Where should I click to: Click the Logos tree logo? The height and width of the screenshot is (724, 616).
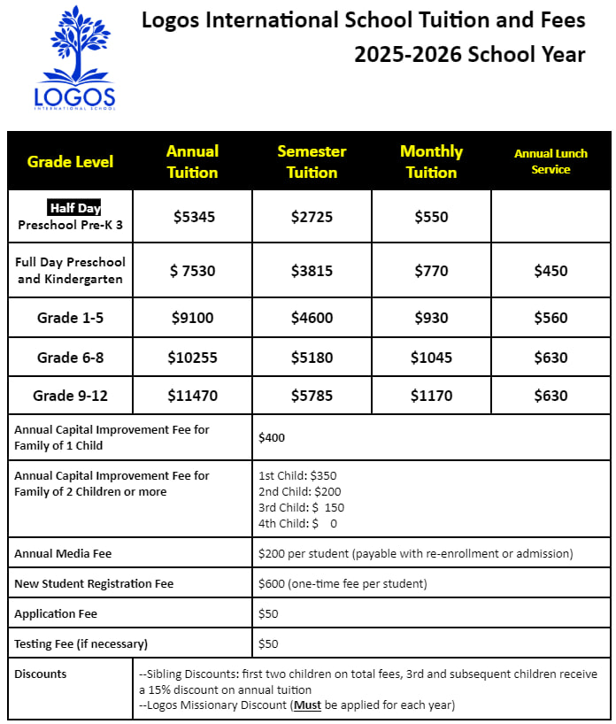click(x=74, y=58)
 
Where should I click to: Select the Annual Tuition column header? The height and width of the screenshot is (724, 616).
click(x=192, y=161)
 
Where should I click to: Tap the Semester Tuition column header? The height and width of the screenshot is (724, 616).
click(x=312, y=161)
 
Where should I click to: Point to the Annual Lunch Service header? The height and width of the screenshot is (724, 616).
click(x=551, y=161)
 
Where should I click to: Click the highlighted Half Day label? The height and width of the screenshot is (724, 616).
click(x=74, y=208)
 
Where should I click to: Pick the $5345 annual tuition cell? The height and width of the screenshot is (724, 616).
click(x=192, y=217)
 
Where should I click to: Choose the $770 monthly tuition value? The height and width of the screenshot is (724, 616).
click(x=431, y=271)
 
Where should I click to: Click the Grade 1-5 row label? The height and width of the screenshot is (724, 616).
click(x=70, y=318)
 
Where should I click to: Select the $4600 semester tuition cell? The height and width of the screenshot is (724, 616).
click(x=312, y=318)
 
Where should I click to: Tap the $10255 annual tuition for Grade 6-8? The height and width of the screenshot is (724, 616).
click(x=192, y=358)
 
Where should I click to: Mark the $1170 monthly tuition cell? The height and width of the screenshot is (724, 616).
click(x=431, y=396)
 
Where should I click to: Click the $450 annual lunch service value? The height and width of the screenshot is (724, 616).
click(x=551, y=271)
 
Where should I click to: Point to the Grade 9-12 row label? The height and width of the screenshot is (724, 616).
click(x=70, y=396)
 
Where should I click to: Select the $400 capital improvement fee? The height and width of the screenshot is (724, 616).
click(x=272, y=437)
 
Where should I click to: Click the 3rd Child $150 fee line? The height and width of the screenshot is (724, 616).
click(x=301, y=507)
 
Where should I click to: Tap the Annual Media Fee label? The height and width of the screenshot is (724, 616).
click(x=63, y=553)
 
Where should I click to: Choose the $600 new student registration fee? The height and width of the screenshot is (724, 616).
click(x=341, y=583)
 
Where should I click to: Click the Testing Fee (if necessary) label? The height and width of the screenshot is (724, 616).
click(x=81, y=643)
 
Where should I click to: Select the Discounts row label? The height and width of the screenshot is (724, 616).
click(x=41, y=674)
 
